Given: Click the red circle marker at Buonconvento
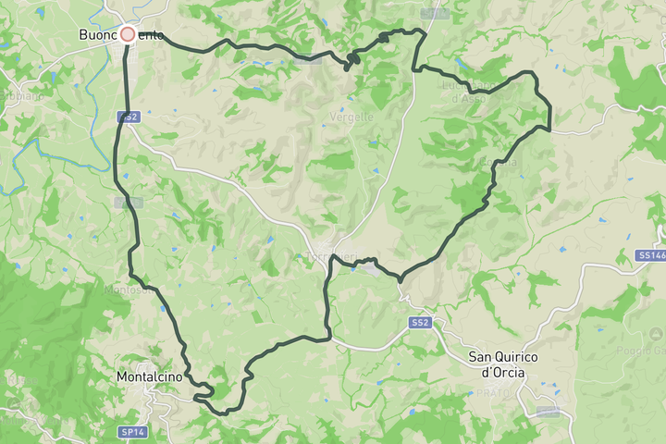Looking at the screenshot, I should tap(128, 34).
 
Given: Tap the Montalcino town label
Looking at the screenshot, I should tap(154, 377).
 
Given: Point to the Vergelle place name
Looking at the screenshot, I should tap(352, 117).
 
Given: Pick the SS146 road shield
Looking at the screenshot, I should tap(650, 254).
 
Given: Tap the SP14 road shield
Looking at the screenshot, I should tap(132, 406).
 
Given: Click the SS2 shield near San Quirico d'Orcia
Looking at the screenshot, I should tap(421, 322).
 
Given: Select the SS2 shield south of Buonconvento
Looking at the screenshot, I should tap(128, 117).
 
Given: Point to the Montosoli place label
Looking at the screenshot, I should tap(129, 290).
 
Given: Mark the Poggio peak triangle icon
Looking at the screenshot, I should tap(656, 333).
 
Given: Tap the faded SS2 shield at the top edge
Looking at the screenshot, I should tap(434, 14).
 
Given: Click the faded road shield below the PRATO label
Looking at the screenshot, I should tap(548, 411).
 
